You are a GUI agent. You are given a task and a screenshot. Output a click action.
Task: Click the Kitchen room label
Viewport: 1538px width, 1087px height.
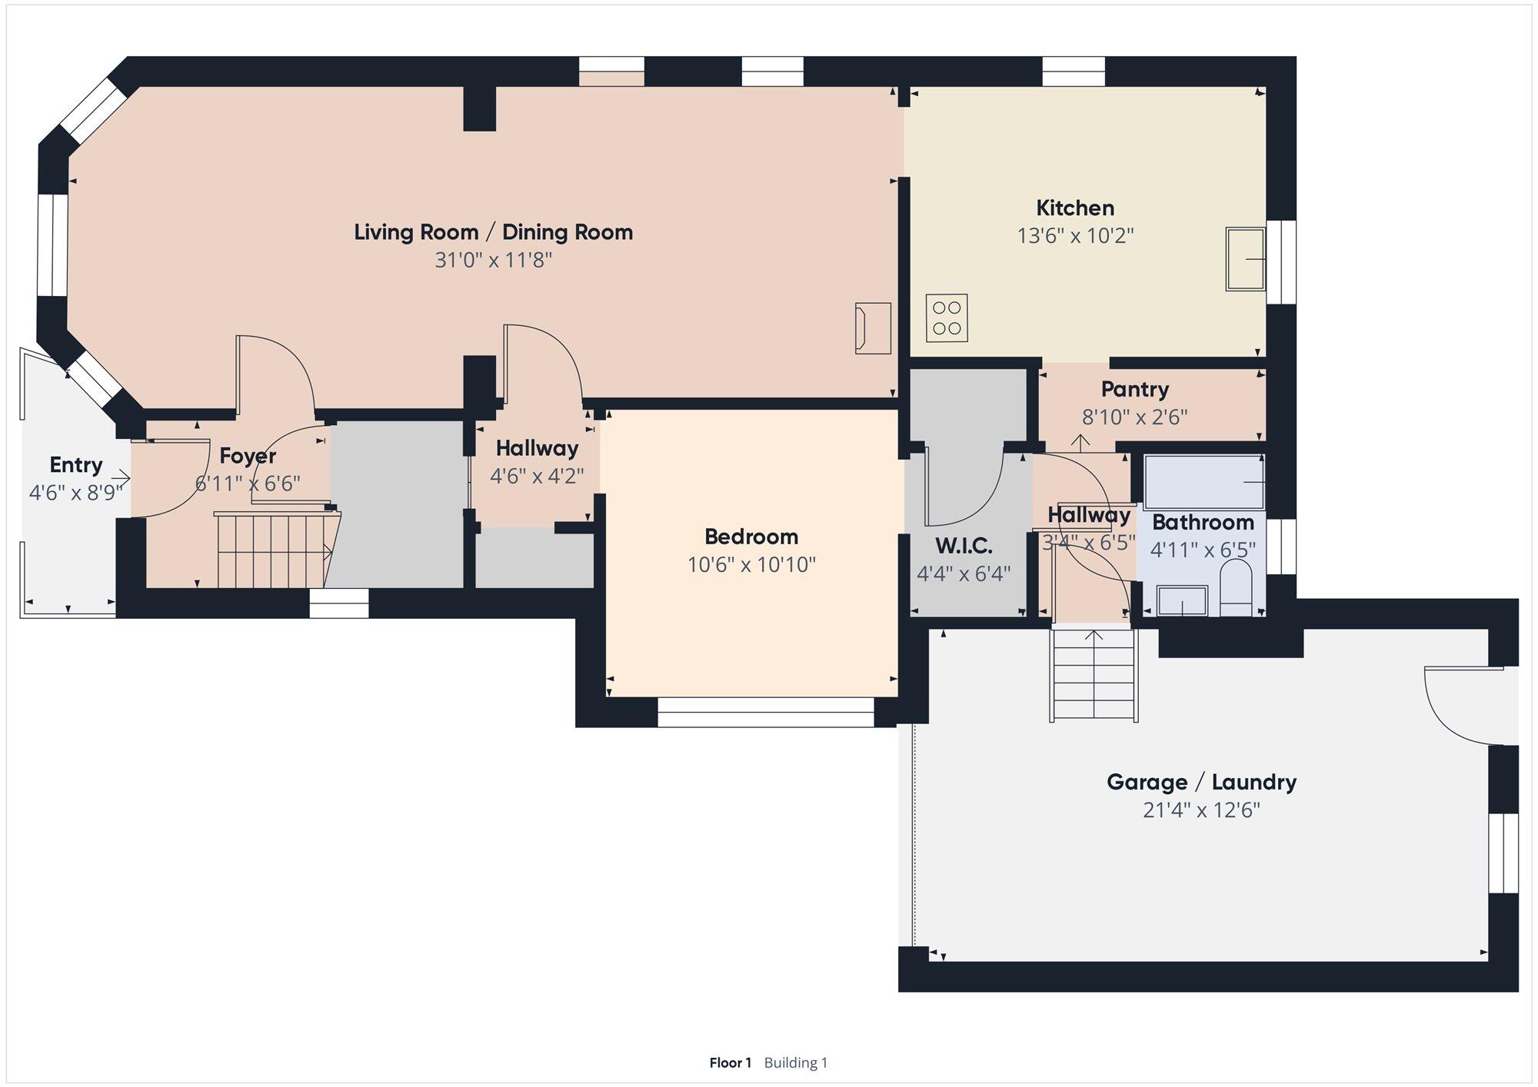(1075, 208)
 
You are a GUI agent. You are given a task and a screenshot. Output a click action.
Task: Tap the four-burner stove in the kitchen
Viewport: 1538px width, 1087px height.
(947, 317)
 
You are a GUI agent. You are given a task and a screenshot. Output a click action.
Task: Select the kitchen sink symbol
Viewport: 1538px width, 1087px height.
(1245, 259)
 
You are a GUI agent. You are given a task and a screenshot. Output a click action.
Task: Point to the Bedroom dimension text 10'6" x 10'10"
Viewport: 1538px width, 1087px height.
(751, 565)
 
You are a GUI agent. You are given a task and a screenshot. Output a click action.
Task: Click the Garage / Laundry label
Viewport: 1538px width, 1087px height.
(1201, 783)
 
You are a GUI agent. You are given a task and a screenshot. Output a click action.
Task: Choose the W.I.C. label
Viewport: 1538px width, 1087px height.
(964, 546)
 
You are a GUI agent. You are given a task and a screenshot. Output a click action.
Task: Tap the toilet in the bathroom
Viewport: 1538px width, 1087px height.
(1236, 587)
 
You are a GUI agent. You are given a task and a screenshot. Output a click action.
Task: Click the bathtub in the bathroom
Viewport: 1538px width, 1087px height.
(1204, 482)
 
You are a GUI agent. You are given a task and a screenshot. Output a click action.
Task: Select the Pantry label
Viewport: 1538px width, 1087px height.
(1135, 389)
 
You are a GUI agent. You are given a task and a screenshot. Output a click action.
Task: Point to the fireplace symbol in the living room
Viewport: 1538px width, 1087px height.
(873, 328)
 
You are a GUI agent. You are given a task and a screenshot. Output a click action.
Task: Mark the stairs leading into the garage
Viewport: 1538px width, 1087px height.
(1093, 675)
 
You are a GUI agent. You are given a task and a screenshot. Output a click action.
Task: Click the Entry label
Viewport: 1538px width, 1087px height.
(76, 465)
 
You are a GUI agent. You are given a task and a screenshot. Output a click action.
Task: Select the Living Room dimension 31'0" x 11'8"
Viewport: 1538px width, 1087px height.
(494, 260)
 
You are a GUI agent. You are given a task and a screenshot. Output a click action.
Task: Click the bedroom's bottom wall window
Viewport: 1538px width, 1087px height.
(766, 712)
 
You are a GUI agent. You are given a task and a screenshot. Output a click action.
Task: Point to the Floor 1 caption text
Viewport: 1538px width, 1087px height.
(730, 1062)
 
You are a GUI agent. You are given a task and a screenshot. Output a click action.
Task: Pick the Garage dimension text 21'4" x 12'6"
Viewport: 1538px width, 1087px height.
(1201, 810)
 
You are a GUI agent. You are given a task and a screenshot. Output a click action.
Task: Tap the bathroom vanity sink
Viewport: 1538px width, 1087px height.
(1182, 601)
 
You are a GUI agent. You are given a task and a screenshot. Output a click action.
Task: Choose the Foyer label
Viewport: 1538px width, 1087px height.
(248, 456)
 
